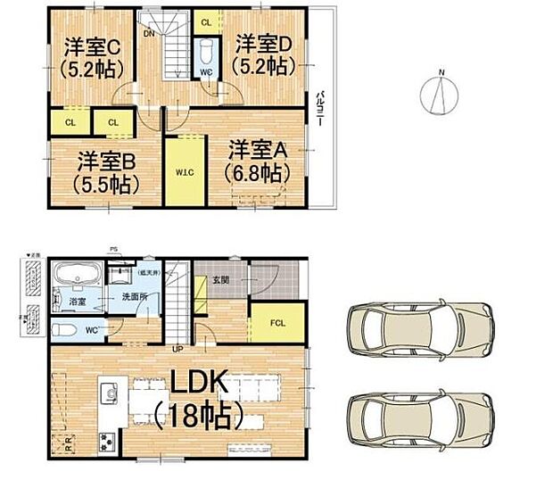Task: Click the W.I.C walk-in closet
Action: (186, 171)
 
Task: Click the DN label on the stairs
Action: (148, 35)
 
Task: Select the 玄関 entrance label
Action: (221, 282)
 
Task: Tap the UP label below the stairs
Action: (178, 348)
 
